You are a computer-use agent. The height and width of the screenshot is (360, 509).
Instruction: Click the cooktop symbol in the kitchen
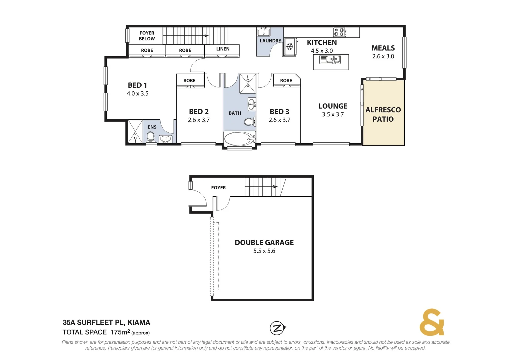pyautogui.click(x=339, y=32)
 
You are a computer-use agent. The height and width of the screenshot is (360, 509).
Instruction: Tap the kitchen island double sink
pyautogui.click(x=330, y=60)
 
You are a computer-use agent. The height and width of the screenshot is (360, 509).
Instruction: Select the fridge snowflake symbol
pyautogui.click(x=290, y=47)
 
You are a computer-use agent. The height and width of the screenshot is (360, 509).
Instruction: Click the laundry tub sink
pyautogui.click(x=263, y=32)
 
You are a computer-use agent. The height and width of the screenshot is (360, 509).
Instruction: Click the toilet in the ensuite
pyautogui.click(x=151, y=137)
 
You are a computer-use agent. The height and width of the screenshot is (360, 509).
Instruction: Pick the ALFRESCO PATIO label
pyautogui.click(x=383, y=114)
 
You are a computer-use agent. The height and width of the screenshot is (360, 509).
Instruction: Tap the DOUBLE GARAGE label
pyautogui.click(x=264, y=242)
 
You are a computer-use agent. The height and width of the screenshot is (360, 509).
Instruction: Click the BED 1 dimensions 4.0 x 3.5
pyautogui.click(x=137, y=94)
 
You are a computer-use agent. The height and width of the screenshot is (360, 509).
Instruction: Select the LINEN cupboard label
pyautogui.click(x=223, y=49)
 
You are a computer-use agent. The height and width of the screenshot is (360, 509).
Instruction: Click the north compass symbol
pyautogui.click(x=277, y=328)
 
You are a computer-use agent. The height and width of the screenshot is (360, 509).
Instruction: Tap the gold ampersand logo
pyautogui.click(x=432, y=322)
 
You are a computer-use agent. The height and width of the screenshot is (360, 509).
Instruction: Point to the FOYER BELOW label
pyautogui.click(x=147, y=36)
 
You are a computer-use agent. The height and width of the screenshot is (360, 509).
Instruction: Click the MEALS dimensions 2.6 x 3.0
pyautogui.click(x=383, y=56)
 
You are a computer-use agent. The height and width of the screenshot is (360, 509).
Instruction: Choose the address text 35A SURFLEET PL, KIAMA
pyautogui.click(x=106, y=322)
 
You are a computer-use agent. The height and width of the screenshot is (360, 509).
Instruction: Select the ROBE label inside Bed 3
pyautogui.click(x=286, y=80)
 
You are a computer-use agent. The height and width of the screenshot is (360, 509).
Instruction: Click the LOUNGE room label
pyautogui.click(x=333, y=106)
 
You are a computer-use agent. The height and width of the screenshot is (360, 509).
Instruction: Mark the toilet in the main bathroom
pyautogui.click(x=249, y=122)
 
